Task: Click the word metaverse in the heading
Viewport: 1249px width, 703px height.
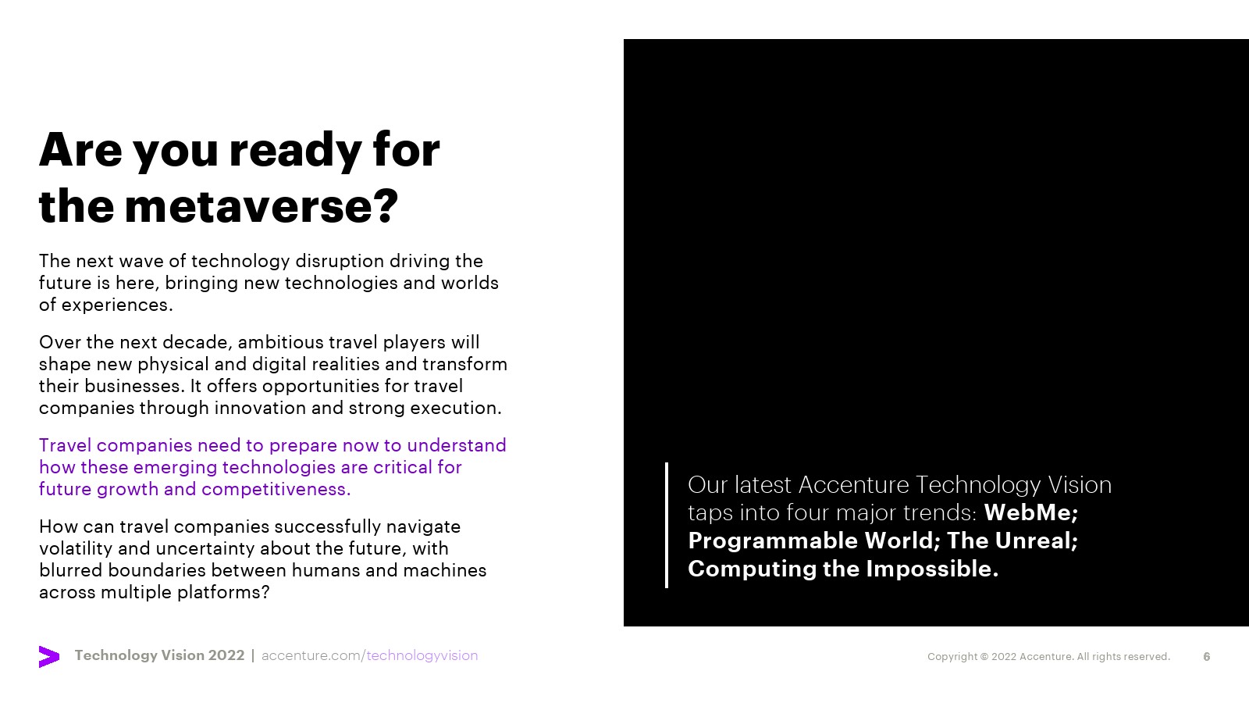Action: point(254,206)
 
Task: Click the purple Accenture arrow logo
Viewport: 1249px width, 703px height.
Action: point(49,657)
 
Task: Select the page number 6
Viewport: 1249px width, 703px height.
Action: point(1207,657)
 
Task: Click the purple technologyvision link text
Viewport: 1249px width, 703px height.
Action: point(422,655)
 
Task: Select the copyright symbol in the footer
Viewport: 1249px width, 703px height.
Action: point(984,657)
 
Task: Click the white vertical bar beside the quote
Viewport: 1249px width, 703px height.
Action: point(667,525)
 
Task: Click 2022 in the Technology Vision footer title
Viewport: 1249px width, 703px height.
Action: point(226,655)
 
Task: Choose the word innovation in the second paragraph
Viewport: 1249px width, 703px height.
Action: point(261,408)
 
